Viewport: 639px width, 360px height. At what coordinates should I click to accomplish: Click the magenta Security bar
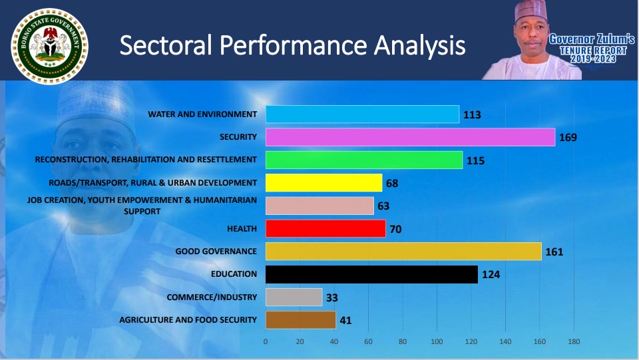point(410,137)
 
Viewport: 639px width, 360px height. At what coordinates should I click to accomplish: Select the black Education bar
point(371,274)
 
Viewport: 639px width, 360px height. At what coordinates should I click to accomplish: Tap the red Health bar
point(325,229)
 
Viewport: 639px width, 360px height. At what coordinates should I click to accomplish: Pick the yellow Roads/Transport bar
point(323,182)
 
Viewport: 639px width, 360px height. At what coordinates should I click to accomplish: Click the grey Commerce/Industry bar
point(294,297)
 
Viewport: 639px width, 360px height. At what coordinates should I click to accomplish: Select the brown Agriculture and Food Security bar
point(300,320)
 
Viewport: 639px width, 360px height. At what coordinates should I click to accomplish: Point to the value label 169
point(568,138)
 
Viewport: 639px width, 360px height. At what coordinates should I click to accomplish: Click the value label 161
point(554,252)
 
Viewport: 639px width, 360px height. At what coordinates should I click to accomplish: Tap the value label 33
point(331,297)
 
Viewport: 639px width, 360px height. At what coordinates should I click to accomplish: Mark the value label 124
point(491,274)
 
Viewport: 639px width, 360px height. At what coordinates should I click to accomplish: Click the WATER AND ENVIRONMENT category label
point(202,114)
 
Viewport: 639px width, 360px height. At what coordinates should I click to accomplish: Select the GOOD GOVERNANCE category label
point(216,252)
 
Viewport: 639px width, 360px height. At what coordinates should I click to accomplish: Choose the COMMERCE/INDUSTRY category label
point(212,297)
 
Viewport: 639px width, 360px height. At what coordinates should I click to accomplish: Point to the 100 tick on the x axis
point(437,342)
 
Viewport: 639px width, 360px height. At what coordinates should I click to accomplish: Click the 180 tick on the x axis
point(574,342)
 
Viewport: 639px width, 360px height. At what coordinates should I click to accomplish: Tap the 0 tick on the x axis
point(266,342)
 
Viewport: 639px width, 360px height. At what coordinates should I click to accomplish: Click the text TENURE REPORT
point(592,51)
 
